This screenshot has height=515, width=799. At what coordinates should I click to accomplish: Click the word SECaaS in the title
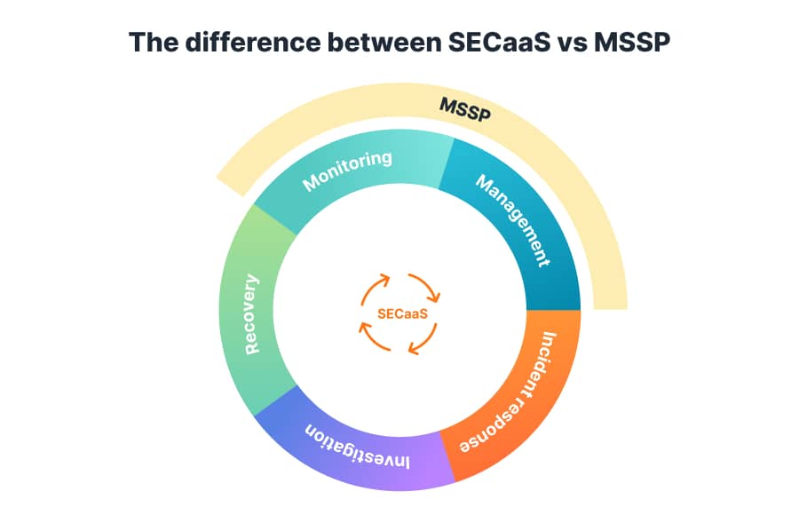(x=499, y=42)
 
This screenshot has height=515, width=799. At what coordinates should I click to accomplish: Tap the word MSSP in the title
(x=632, y=42)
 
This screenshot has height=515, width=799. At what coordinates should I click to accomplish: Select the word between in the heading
(x=384, y=42)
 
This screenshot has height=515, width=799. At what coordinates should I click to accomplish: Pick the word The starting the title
(x=154, y=42)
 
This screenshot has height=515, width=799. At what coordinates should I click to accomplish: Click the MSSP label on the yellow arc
(x=465, y=109)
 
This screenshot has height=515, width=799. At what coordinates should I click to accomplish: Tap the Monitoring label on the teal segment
(x=347, y=170)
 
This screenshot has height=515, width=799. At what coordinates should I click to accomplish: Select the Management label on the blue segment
(x=513, y=220)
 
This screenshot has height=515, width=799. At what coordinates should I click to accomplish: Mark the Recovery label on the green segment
(x=252, y=314)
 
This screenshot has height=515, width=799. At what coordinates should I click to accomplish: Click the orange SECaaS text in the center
(x=402, y=313)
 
